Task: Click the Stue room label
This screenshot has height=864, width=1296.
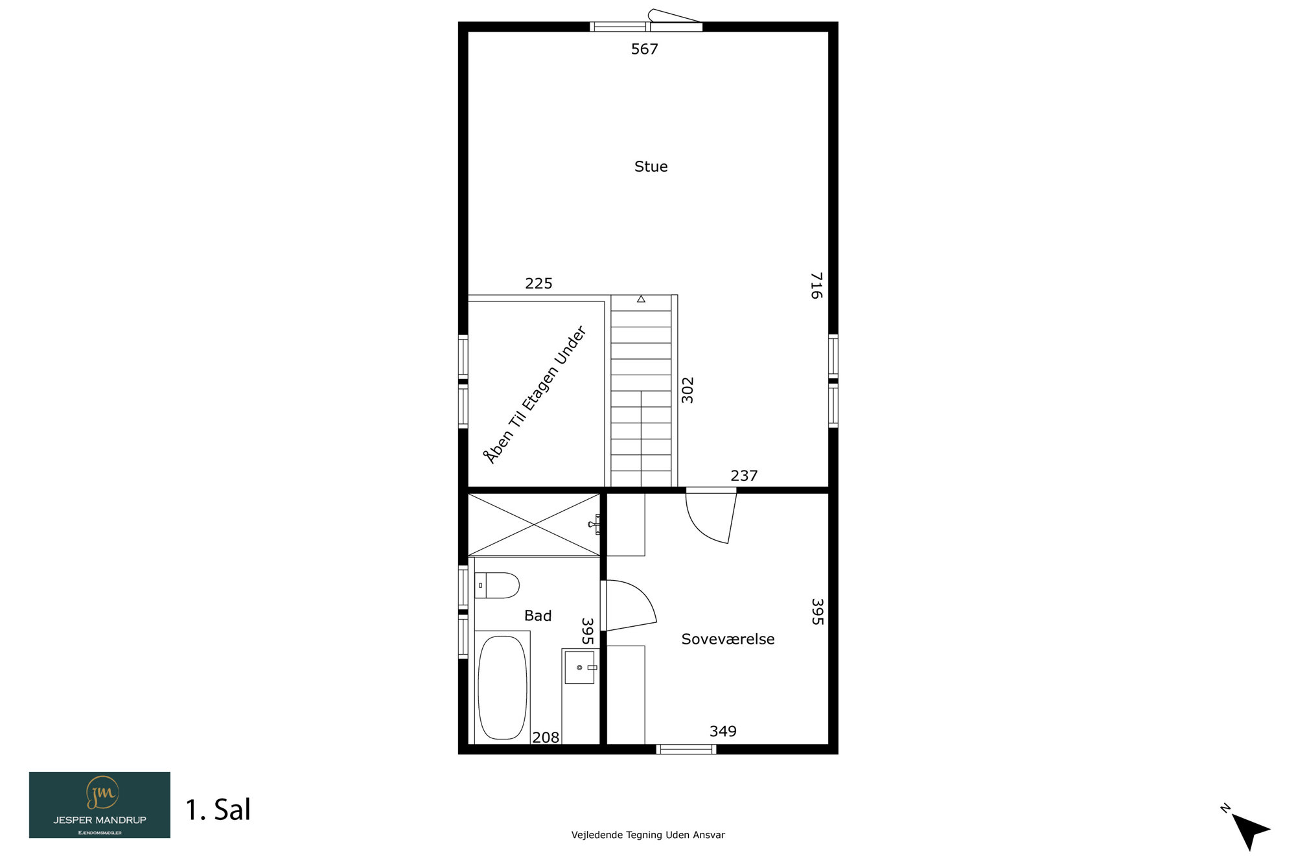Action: point(651,167)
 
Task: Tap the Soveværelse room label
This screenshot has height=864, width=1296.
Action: point(728,639)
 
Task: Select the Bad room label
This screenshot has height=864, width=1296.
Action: point(538,616)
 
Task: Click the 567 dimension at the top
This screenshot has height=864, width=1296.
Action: point(645,49)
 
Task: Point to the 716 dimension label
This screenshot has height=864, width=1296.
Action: point(816,285)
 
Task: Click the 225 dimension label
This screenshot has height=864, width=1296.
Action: point(538,283)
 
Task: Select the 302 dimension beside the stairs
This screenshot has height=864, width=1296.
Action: point(688,390)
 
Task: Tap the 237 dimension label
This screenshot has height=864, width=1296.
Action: point(744,476)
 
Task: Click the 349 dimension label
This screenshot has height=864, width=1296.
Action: point(723,731)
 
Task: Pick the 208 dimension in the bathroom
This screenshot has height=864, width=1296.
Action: point(546,737)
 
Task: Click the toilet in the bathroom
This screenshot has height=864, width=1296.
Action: point(497,585)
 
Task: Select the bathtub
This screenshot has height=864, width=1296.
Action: point(502,687)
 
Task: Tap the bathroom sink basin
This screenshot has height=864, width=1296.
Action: point(580,668)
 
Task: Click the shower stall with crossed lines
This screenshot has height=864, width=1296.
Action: point(534,524)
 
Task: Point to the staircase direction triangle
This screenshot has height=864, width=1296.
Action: point(641,299)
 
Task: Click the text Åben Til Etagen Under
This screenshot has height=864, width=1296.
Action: point(535,395)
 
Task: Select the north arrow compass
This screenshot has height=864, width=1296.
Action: point(1249,830)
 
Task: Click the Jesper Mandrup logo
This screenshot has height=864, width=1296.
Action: point(100,805)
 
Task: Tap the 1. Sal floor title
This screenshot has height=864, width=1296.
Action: point(218,810)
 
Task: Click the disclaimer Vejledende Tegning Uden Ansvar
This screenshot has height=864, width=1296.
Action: point(648,835)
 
